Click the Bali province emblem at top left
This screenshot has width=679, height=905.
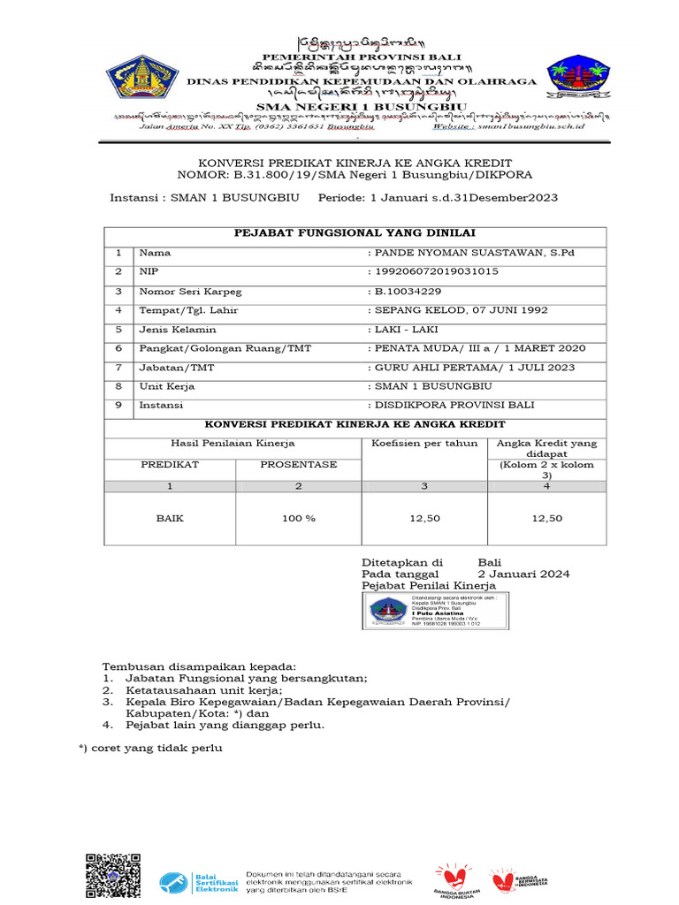(x=144, y=77)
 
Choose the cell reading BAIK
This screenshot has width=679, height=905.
(x=170, y=519)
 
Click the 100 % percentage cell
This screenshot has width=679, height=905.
(x=299, y=519)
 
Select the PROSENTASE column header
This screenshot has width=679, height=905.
(x=299, y=465)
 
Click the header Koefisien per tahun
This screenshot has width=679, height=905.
(x=424, y=443)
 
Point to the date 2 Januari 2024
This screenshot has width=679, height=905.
(x=523, y=574)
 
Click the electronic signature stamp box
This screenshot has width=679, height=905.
(x=435, y=611)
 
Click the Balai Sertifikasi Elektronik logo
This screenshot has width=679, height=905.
(x=200, y=881)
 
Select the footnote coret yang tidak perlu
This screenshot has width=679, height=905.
(x=150, y=748)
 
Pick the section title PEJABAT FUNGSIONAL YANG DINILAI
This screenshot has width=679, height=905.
(x=355, y=233)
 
